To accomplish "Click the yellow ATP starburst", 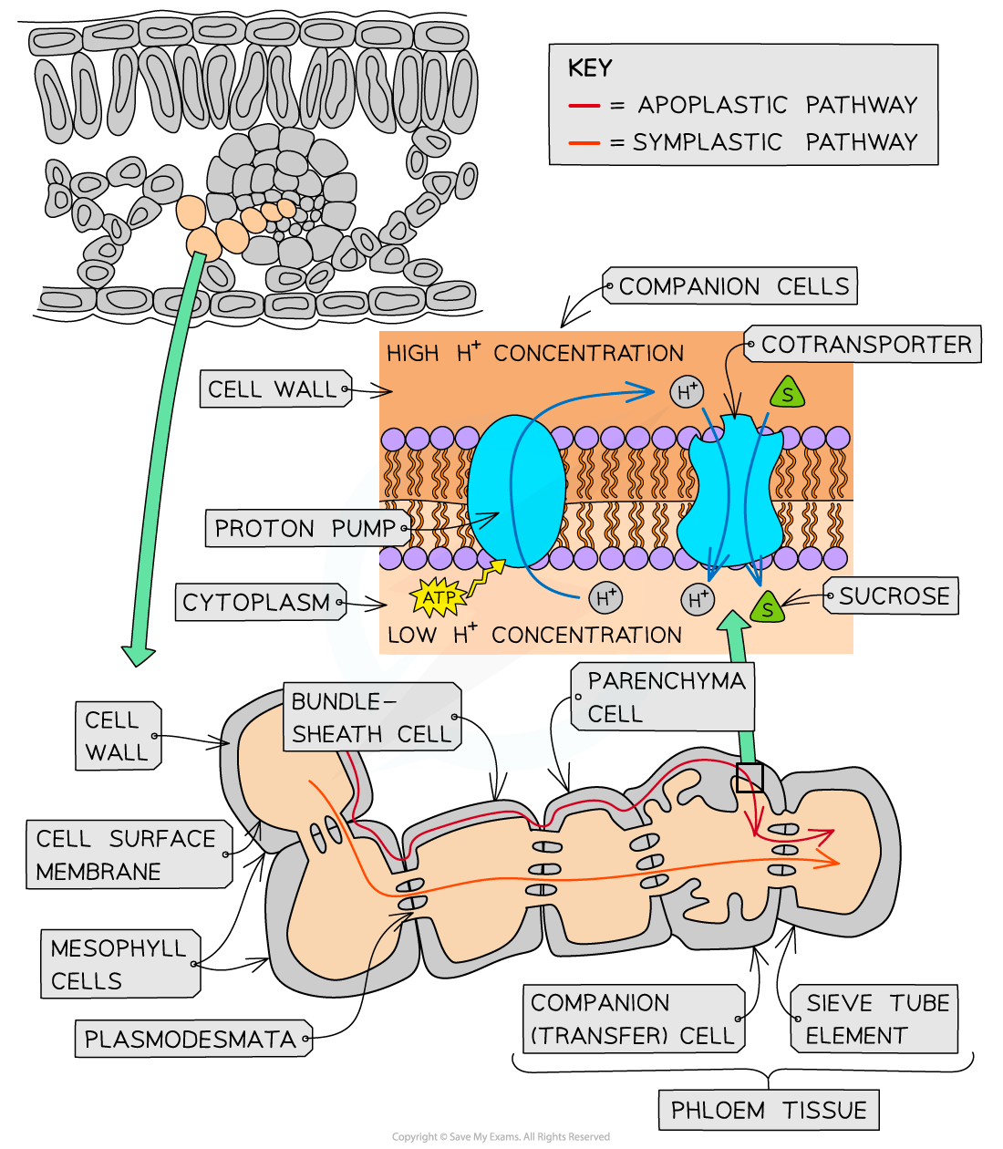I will (439, 598).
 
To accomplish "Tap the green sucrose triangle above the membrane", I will (787, 394).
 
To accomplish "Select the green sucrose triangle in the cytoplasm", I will (767, 607).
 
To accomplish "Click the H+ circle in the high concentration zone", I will (687, 392).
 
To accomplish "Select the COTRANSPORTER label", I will (864, 345).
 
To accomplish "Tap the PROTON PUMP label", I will (305, 529).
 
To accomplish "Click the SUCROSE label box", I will (893, 596).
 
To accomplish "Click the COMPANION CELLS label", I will (732, 286).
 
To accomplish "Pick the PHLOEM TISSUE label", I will (769, 1110).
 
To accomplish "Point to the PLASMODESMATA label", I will (191, 1039).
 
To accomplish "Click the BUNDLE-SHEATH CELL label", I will (370, 718).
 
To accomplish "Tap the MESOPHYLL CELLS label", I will (119, 964).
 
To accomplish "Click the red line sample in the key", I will (584, 106).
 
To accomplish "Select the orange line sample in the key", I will (584, 143).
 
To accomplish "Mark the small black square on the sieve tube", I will (750, 778).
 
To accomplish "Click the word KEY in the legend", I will (590, 68).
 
